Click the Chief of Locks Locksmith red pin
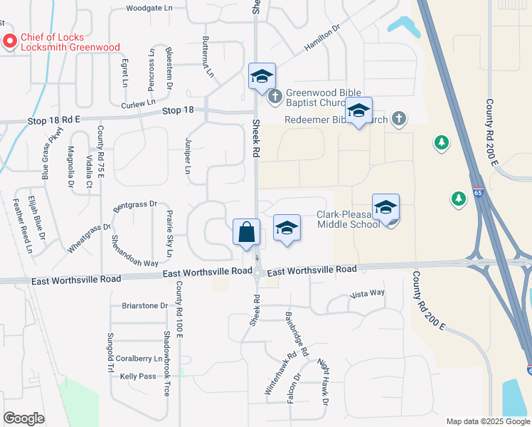pos(10,42)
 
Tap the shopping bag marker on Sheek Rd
pos(246,232)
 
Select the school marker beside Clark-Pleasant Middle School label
pos(385,207)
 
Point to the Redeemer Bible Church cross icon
pos(400,119)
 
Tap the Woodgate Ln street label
pos(149,9)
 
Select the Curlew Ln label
pos(138,104)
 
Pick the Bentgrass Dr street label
pos(134,204)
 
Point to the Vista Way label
pos(368,293)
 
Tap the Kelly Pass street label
pos(138,376)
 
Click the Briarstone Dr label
pos(144,306)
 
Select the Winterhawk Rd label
pos(280,374)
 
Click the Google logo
pos(23,418)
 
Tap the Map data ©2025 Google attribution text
pos(487,421)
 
